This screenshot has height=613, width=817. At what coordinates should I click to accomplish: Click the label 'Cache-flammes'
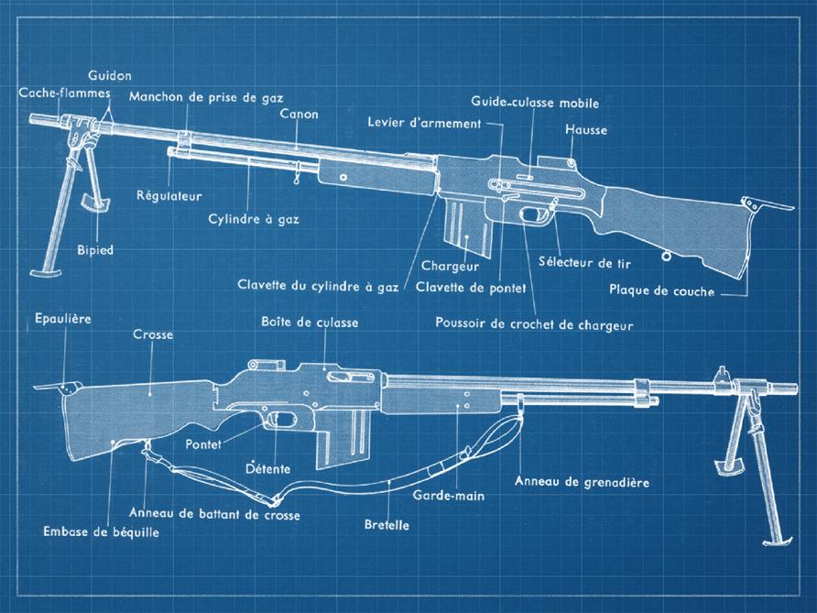[x=64, y=93]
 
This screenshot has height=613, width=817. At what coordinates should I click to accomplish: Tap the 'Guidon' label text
[x=110, y=75]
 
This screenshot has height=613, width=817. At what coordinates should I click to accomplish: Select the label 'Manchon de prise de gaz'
[x=206, y=96]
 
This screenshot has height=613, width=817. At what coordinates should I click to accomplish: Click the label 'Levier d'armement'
[x=424, y=123]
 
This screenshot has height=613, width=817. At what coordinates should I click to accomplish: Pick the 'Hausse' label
[x=586, y=130]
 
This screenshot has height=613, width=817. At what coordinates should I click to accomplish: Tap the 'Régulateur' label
[x=169, y=195]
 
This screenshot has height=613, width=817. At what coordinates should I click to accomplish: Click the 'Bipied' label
[x=95, y=249]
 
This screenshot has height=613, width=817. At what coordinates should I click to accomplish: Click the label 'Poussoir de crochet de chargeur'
[x=534, y=323]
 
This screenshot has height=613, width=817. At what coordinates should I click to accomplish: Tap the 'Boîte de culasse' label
[x=310, y=322]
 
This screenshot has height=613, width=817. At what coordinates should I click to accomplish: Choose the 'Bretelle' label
[x=387, y=527]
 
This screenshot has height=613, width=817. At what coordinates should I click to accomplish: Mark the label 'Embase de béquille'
[x=101, y=531]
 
